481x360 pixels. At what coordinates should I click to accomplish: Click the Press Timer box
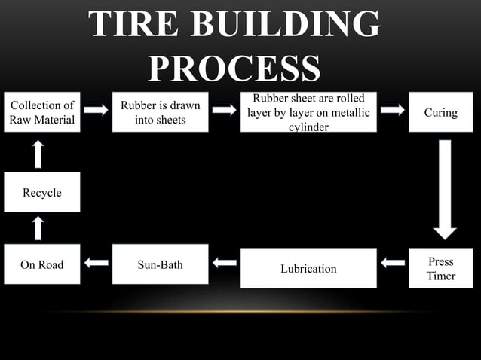pos(440,268)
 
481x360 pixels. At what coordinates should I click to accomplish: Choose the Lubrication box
pos(308,268)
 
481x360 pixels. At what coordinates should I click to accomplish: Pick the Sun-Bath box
pos(160,264)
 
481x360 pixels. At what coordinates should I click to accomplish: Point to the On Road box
pos(41,264)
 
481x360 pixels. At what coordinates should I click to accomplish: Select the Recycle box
pos(41,192)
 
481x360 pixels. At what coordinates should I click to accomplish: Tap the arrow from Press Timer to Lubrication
pos(393,263)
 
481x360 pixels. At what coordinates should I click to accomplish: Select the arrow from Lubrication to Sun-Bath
pos(224,263)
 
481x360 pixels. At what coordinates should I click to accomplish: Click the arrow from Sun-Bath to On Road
pos(96,263)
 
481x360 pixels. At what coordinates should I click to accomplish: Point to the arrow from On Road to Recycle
pos(38,228)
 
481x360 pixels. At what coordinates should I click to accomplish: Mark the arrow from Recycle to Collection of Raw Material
pos(38,154)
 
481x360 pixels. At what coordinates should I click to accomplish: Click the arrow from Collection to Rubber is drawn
pos(96,110)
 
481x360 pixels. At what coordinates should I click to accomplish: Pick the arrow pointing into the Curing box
pos(393,110)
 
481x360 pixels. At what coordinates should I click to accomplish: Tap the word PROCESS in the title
pos(234,69)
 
